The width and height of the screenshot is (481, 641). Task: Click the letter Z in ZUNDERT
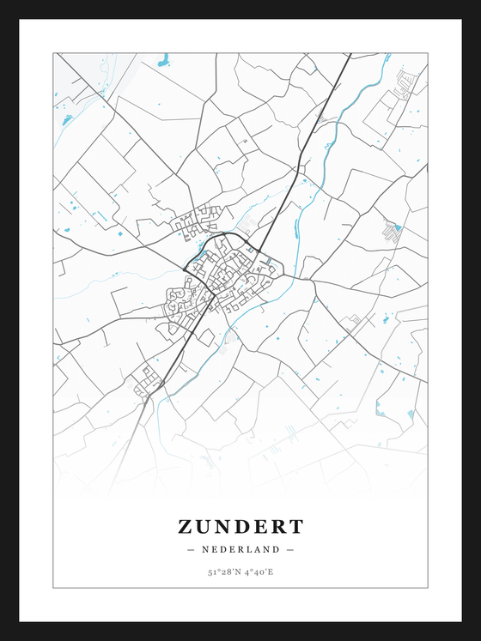click(x=186, y=526)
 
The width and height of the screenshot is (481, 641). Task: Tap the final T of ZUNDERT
click(x=296, y=526)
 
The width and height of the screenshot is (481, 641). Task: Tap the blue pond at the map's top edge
click(x=163, y=59)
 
